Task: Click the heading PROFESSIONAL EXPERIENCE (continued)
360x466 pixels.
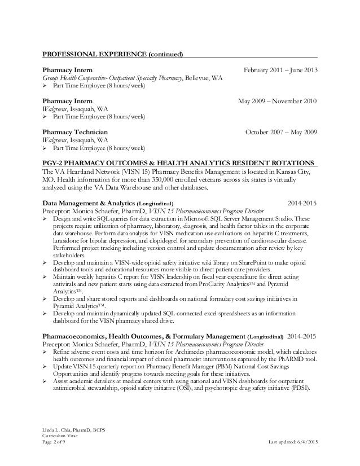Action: point(113,55)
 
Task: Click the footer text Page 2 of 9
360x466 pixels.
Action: point(55,447)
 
